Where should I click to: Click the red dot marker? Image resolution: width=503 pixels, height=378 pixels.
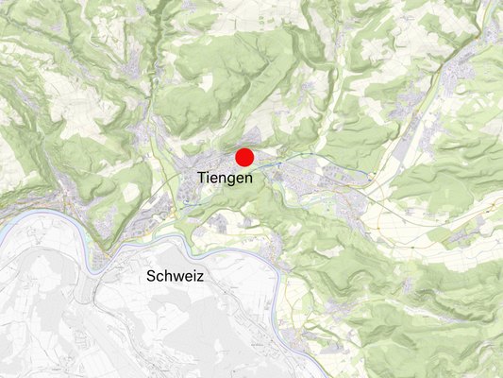(x=245, y=158)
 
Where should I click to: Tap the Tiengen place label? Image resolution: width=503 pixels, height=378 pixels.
(x=225, y=178)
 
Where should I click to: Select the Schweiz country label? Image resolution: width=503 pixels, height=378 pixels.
(x=176, y=276)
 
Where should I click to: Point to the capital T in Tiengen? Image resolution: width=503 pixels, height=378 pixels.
(x=203, y=177)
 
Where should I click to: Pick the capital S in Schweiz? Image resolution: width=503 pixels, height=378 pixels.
(x=151, y=276)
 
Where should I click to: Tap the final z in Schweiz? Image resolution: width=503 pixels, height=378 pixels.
(x=200, y=277)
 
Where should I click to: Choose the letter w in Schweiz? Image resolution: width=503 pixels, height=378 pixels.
(x=179, y=277)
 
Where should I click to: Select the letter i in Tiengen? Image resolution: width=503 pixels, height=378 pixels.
(x=210, y=177)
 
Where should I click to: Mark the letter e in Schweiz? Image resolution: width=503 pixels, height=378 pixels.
(x=189, y=277)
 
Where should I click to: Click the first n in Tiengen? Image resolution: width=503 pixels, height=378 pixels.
(x=226, y=178)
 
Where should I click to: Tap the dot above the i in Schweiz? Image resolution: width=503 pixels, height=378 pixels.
(x=194, y=270)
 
